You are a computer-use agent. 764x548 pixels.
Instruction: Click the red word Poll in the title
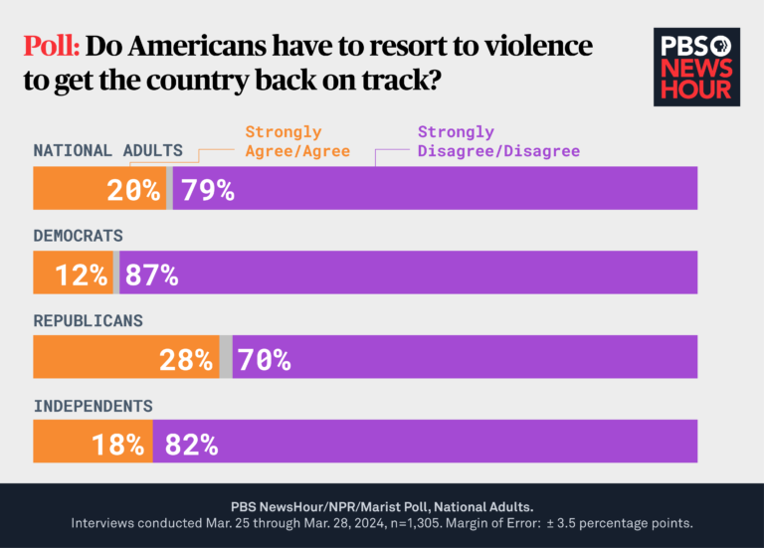click(x=52, y=46)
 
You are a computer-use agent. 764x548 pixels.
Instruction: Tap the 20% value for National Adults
click(x=133, y=189)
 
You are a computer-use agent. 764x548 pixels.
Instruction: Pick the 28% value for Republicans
click(x=186, y=359)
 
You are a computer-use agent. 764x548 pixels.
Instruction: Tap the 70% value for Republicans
click(x=263, y=359)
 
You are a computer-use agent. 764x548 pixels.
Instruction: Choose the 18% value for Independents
click(x=117, y=444)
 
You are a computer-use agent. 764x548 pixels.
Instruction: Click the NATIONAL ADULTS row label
click(x=108, y=151)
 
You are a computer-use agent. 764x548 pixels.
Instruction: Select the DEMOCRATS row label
click(x=79, y=236)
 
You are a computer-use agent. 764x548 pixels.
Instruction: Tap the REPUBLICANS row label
click(x=89, y=321)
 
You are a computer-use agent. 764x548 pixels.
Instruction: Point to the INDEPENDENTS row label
click(x=94, y=406)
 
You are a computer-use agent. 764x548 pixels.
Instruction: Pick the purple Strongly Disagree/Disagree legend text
click(x=497, y=141)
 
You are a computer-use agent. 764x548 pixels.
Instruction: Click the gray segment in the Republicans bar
click(x=226, y=357)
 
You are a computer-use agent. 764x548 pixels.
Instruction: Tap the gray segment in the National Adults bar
click(x=169, y=188)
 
